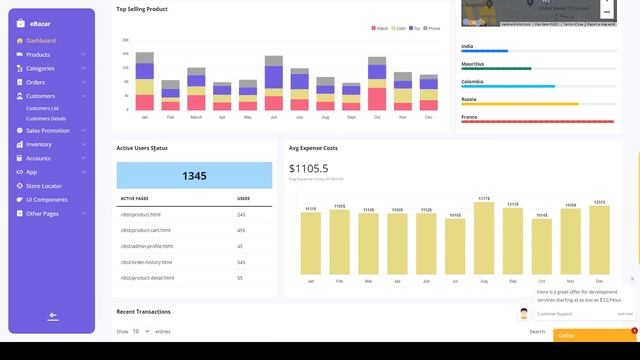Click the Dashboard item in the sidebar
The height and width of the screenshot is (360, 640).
click(41, 41)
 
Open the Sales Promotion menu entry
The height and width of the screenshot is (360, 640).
click(47, 130)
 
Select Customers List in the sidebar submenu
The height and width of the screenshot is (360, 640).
click(42, 108)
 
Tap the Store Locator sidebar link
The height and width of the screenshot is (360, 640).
click(43, 186)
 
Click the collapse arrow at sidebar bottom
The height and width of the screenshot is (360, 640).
click(52, 317)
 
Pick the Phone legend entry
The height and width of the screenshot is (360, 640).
click(432, 28)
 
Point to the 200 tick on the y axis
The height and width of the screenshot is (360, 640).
click(126, 40)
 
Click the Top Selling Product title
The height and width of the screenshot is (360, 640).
click(142, 9)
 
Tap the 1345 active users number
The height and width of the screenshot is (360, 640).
click(194, 176)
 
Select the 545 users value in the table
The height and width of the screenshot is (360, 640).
click(241, 262)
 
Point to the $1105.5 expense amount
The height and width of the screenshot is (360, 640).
click(308, 168)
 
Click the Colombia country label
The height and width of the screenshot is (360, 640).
click(472, 81)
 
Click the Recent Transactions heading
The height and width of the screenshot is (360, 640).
click(143, 311)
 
